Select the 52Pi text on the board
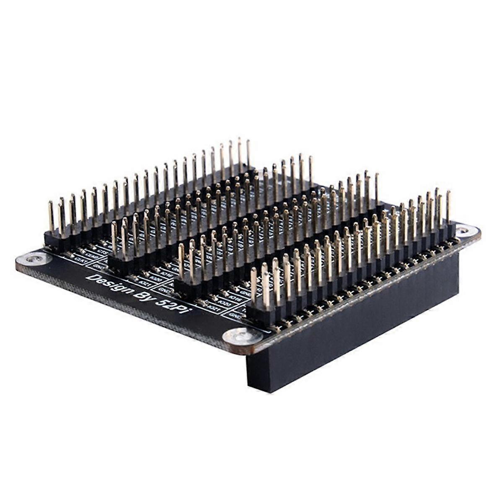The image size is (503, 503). coord(178,312)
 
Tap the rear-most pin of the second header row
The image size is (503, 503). coord(311,168)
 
